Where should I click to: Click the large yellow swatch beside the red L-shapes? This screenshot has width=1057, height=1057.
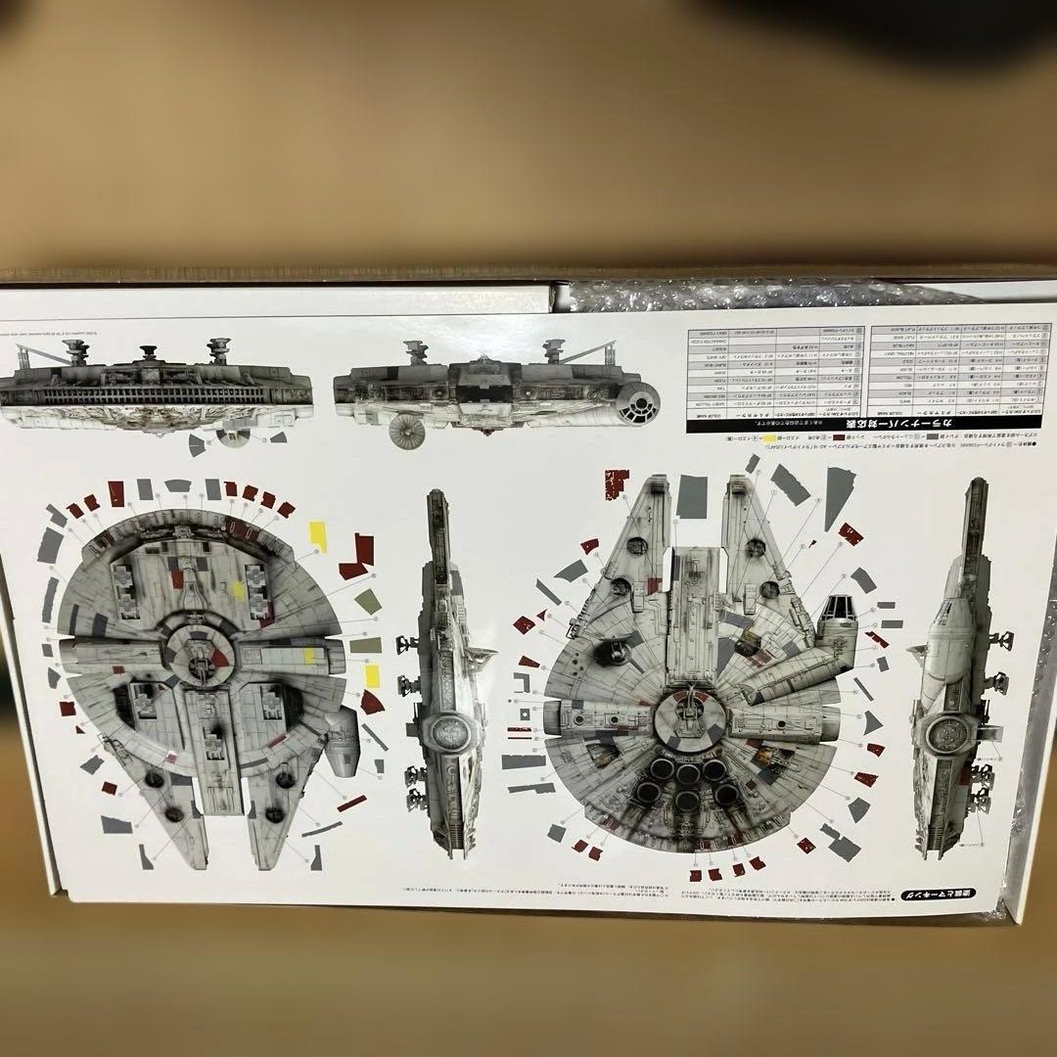coord(318,533)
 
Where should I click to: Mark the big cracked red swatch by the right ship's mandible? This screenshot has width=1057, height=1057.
coord(617,483)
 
